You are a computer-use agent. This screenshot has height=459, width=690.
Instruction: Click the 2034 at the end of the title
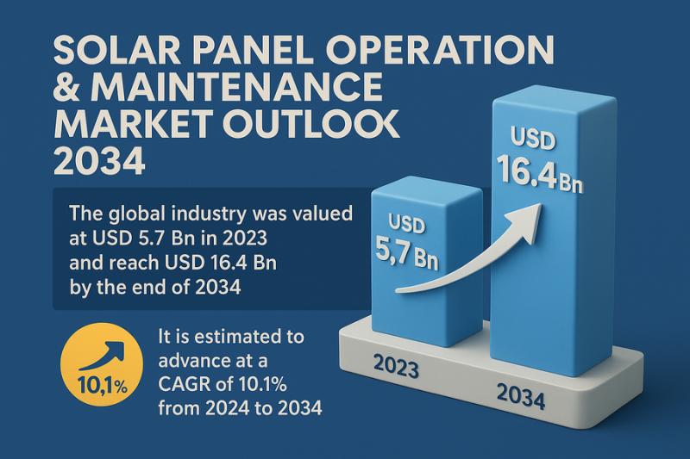(x=98, y=162)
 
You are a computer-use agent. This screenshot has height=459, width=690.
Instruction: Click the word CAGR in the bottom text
(x=188, y=383)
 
